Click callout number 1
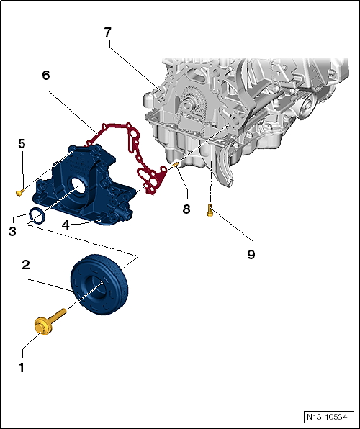pyautogui.click(x=21, y=367)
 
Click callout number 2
pyautogui.click(x=25, y=265)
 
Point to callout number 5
pyautogui.click(x=22, y=144)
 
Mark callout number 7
pyautogui.click(x=107, y=32)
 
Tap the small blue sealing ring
pyautogui.click(x=37, y=216)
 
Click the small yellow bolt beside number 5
pyautogui.click(x=19, y=191)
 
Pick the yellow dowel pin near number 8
pyautogui.click(x=176, y=166)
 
